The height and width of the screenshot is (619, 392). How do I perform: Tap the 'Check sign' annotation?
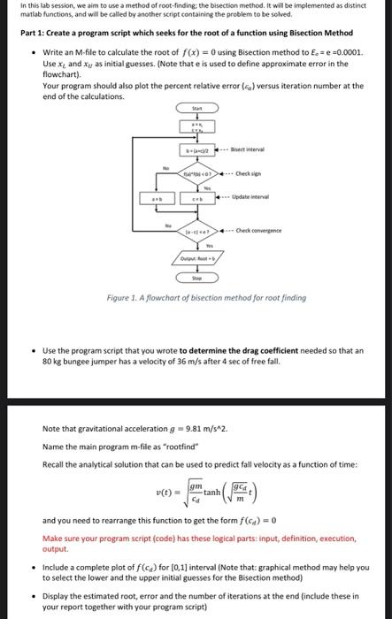click(249, 172)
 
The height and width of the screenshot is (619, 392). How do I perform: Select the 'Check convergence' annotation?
click(262, 230)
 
